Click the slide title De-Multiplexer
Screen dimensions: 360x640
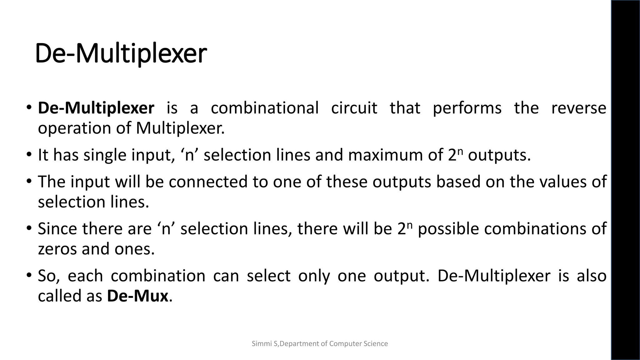click(121, 54)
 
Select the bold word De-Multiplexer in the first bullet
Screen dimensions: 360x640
click(96, 108)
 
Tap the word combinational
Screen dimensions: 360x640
click(265, 108)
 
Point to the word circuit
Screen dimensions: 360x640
click(354, 108)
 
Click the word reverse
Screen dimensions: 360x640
click(578, 108)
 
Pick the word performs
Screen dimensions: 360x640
click(467, 108)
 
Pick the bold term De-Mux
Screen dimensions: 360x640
click(137, 296)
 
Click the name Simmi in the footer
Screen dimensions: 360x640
click(260, 344)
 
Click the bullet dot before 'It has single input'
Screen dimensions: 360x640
click(29, 154)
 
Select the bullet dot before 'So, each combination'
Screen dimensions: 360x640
click(29, 275)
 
